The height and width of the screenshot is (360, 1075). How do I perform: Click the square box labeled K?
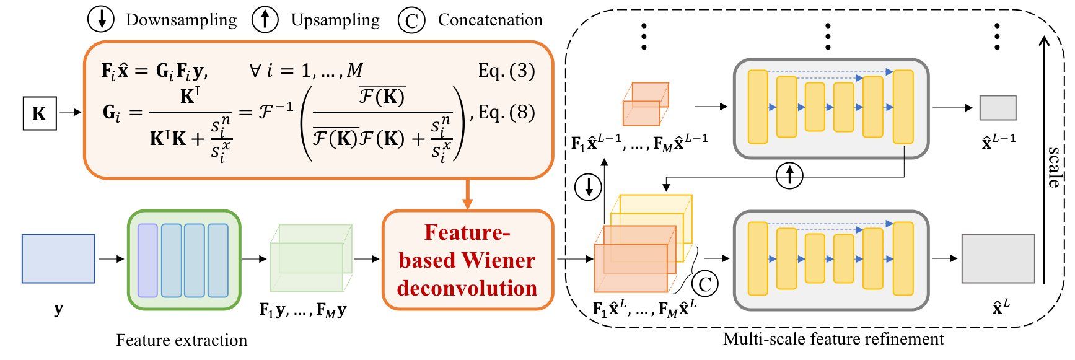(40, 113)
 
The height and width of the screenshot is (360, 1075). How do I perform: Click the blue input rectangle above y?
(58, 258)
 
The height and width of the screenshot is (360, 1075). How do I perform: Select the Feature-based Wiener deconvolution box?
(468, 260)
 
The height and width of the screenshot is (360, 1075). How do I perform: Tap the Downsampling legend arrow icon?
(101, 19)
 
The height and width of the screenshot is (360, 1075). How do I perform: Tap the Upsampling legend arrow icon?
(265, 19)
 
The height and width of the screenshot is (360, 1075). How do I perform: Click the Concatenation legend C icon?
(411, 20)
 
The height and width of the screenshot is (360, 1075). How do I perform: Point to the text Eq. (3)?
(506, 71)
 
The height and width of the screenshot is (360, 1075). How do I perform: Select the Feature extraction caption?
(182, 340)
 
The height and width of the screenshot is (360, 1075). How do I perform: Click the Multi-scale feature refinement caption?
(833, 339)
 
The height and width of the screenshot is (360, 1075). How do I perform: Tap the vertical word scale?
(1054, 167)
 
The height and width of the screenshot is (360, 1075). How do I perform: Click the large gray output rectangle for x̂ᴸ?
(998, 258)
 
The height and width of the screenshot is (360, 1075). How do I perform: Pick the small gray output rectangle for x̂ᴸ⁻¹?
(998, 108)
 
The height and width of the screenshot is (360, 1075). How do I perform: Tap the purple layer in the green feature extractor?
(147, 260)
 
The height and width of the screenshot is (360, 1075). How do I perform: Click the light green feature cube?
(311, 258)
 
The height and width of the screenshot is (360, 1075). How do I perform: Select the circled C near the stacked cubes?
(704, 284)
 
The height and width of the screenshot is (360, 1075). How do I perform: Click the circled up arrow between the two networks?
(789, 175)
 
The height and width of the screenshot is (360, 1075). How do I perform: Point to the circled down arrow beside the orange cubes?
(588, 187)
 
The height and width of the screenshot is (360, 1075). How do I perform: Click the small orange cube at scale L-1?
(646, 104)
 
